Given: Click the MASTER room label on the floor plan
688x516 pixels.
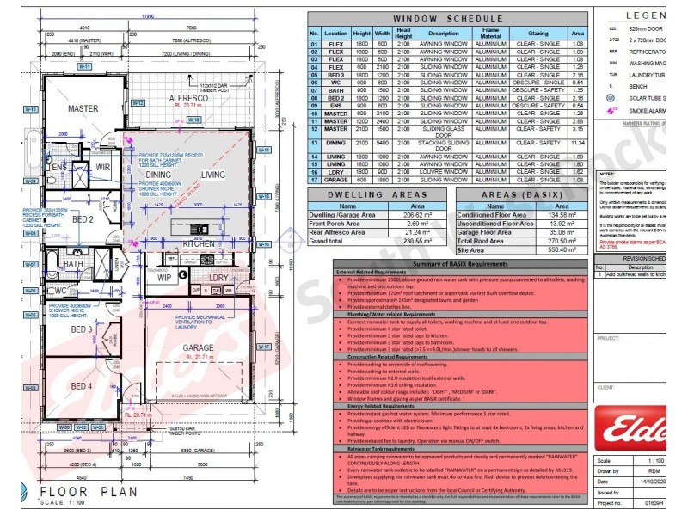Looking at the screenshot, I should click(x=83, y=109).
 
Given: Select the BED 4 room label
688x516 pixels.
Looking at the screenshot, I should click(x=82, y=384).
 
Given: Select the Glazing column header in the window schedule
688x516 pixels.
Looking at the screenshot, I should click(x=533, y=34).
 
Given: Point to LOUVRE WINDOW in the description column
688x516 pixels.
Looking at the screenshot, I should click(x=445, y=171).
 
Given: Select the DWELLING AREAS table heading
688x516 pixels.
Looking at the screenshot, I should click(x=384, y=195).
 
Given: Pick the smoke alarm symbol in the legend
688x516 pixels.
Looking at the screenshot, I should click(x=611, y=110).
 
